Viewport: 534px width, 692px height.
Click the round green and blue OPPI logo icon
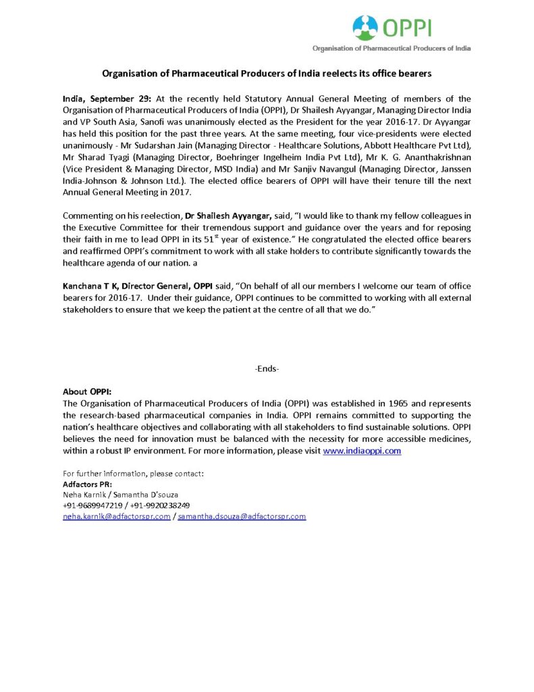coord(366,28)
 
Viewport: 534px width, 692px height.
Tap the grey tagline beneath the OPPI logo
coord(391,49)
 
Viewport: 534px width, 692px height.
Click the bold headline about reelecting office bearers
coord(266,72)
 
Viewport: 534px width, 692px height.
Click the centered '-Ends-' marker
coord(267,368)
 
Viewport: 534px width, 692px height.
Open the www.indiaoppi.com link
coord(362,450)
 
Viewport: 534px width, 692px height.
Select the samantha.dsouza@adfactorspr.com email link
coord(242,516)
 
